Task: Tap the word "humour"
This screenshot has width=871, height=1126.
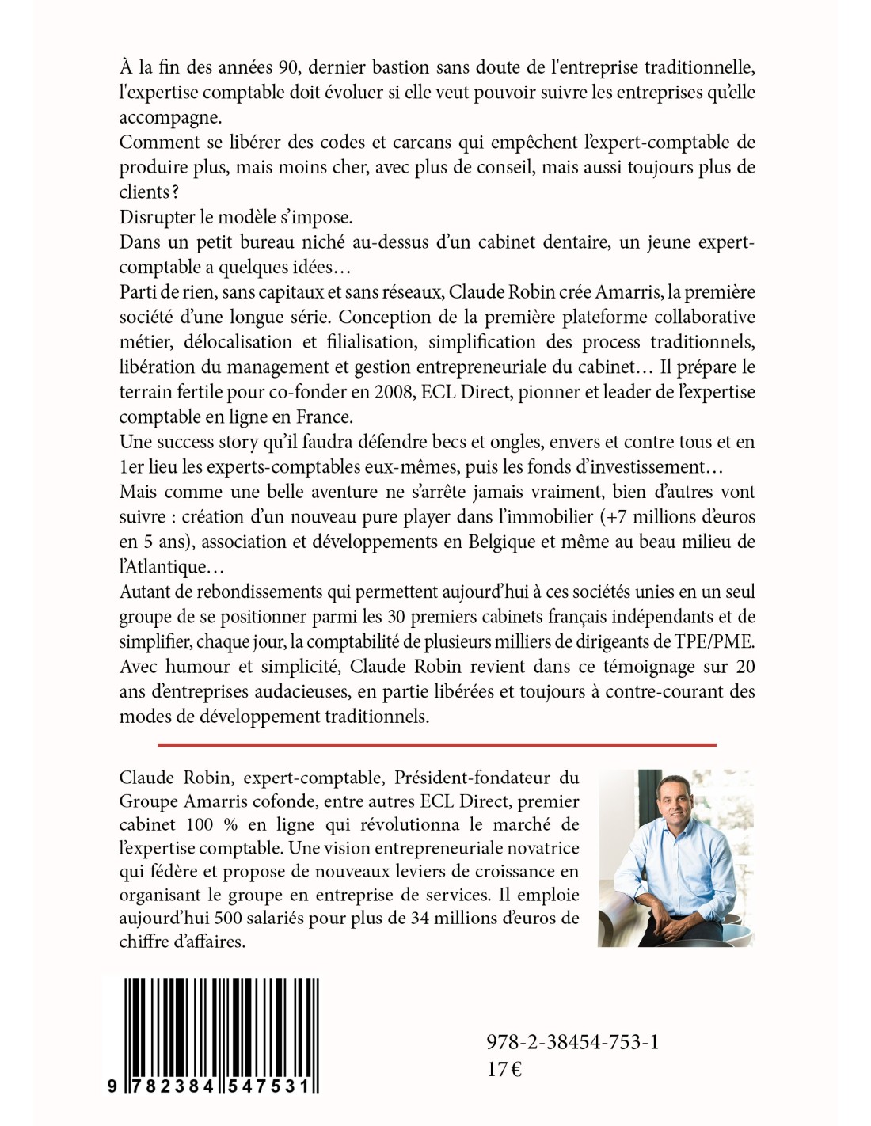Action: (196, 667)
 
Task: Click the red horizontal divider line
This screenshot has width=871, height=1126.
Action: (436, 744)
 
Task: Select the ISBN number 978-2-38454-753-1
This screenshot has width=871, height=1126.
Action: (572, 1042)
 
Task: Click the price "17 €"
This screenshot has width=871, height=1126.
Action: (504, 1069)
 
